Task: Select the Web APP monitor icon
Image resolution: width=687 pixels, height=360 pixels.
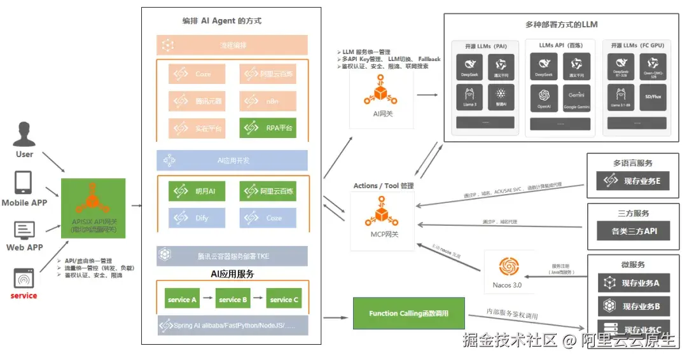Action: click(x=24, y=230)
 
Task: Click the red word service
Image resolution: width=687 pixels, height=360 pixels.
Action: click(x=24, y=296)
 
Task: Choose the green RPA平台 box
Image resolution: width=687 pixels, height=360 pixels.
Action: click(x=268, y=128)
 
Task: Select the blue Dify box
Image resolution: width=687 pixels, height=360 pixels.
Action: click(x=196, y=218)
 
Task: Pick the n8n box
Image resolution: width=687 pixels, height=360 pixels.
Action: click(x=268, y=101)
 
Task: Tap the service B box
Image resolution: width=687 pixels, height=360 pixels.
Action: click(x=232, y=300)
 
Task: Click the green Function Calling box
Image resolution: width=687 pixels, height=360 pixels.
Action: click(x=408, y=314)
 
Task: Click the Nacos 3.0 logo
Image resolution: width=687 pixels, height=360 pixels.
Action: click(x=508, y=267)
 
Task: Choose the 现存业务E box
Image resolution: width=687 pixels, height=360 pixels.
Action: click(x=633, y=181)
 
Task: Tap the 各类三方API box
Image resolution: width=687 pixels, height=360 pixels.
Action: click(x=633, y=231)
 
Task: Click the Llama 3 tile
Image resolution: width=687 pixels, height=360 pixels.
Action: click(x=470, y=97)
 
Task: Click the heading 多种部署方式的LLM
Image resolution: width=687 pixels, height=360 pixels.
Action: click(x=561, y=25)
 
